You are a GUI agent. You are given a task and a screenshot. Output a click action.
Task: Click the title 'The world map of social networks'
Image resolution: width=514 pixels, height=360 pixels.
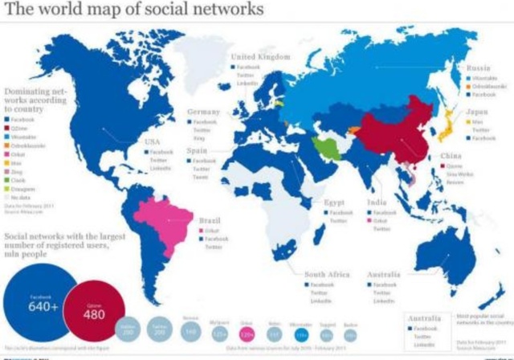point(134,11)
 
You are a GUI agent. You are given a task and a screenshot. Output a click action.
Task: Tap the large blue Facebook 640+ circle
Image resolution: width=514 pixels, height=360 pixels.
point(39,301)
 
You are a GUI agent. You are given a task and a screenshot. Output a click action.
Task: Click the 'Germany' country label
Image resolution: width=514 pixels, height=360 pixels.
point(203,111)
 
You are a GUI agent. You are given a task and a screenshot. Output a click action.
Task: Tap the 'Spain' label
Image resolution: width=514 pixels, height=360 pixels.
point(198,150)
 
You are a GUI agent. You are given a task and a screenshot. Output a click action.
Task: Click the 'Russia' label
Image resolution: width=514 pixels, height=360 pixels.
point(479,69)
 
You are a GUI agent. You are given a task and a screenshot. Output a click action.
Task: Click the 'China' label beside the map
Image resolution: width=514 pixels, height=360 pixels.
point(451,157)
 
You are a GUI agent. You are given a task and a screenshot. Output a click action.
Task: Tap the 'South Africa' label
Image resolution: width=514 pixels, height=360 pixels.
point(326,275)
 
